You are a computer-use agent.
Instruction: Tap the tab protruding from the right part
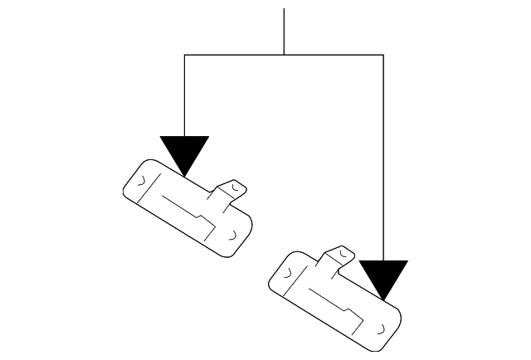(342, 255)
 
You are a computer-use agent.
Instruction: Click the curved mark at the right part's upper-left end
(287, 270)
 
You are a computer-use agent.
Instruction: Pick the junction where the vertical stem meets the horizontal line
(284, 55)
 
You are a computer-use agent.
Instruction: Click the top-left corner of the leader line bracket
(184, 55)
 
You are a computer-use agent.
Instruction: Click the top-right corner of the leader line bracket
(383, 55)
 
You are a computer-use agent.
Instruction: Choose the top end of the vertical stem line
(284, 10)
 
